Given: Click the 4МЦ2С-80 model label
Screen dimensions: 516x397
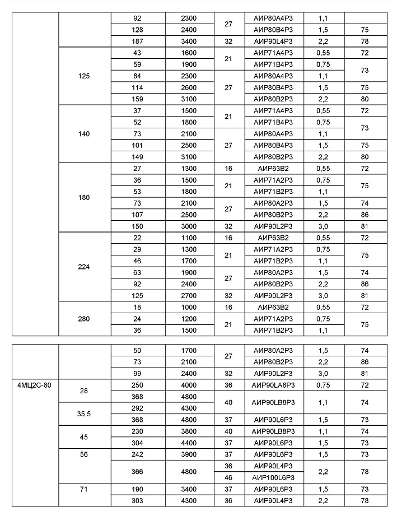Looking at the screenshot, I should tap(34, 385).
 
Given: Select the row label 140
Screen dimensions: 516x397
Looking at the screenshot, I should tap(85, 134).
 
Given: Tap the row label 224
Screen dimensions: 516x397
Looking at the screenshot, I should tap(85, 267).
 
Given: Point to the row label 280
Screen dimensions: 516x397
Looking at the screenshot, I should tap(85, 319).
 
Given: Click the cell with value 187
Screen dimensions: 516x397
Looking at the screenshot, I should tap(138, 41).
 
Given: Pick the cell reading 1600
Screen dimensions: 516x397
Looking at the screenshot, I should tap(189, 53).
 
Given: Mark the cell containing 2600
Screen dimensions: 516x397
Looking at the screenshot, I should tap(189, 87).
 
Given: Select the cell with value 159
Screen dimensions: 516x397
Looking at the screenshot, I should tap(138, 99).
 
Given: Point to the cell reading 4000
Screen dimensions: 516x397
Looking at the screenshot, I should tap(189, 385).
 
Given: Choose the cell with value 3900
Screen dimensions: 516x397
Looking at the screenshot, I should tap(189, 454).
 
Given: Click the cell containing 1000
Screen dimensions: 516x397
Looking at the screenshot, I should tap(189, 308).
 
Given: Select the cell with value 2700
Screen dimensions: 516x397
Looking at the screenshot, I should tap(189, 295).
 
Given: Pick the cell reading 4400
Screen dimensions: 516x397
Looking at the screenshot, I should tap(189, 443).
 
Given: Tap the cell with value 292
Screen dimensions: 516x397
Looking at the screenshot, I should tap(138, 408).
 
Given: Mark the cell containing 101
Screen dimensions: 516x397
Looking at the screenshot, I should tap(138, 146).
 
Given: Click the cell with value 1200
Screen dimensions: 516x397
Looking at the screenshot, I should tap(189, 319).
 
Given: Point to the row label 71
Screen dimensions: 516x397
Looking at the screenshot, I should tap(85, 489).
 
